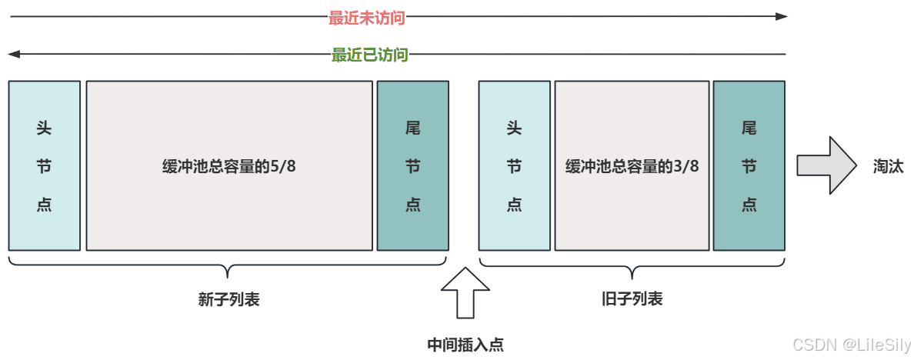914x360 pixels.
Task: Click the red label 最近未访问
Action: click(x=366, y=18)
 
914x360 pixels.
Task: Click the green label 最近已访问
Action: click(x=369, y=55)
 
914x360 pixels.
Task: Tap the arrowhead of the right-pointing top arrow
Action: click(x=781, y=16)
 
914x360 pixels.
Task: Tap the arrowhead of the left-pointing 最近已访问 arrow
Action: click(x=14, y=55)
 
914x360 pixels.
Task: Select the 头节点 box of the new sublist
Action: click(x=45, y=165)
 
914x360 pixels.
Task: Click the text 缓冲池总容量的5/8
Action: click(x=229, y=166)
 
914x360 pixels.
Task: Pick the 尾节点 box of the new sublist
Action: click(x=412, y=165)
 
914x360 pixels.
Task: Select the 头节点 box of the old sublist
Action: click(x=514, y=165)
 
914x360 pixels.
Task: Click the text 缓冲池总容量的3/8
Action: click(x=632, y=166)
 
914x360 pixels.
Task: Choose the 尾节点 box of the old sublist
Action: click(x=749, y=165)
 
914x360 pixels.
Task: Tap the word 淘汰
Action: click(x=888, y=166)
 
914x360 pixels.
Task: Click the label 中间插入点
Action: click(x=465, y=345)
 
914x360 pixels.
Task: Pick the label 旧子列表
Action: click(x=632, y=299)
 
